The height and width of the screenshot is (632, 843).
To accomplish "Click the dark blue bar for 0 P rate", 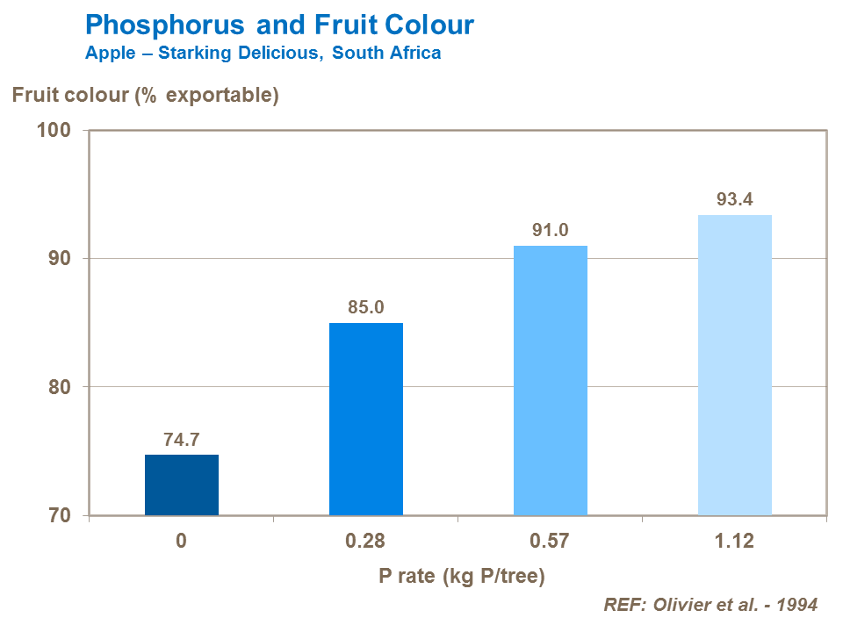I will (x=181, y=485).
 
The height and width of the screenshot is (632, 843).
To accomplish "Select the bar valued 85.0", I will (x=365, y=419).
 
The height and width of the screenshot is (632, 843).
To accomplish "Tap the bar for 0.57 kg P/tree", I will (x=550, y=380).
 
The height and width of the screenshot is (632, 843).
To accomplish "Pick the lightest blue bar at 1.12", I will (x=734, y=365).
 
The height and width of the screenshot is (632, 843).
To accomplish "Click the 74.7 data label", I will (x=181, y=440).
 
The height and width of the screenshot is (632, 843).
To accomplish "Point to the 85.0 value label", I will (x=365, y=308).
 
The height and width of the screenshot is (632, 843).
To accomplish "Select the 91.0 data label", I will (x=550, y=231).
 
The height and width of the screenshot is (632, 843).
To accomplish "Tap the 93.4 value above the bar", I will (x=734, y=200).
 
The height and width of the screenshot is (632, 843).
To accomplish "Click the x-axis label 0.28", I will (x=365, y=541).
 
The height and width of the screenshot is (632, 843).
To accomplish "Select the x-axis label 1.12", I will (x=734, y=541).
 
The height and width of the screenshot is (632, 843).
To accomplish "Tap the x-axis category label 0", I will (x=181, y=541).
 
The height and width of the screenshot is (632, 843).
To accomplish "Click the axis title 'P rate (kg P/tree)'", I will (x=462, y=576).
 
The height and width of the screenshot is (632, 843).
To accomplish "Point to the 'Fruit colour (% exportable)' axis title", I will (x=145, y=95).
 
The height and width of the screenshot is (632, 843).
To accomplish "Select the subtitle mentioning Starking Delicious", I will (x=263, y=53).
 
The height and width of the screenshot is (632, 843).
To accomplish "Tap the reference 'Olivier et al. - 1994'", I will (x=710, y=605).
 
